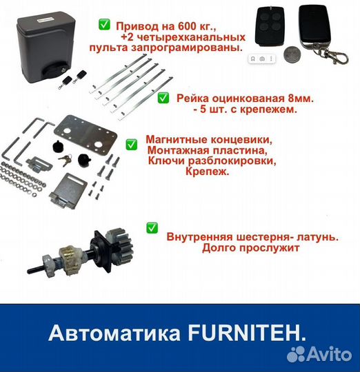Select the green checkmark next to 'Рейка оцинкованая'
pos(163,99)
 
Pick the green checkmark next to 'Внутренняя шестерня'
pos(152,227)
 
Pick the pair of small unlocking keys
pos(62,160)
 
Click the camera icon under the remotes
pos(262,60)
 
